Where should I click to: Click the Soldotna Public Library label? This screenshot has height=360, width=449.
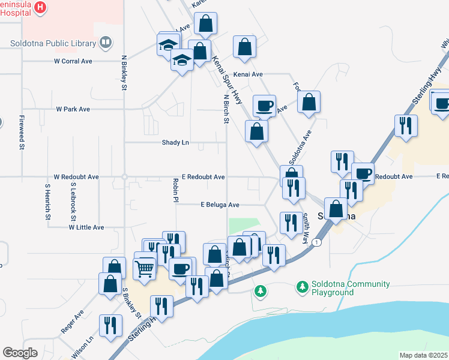(x=53, y=43)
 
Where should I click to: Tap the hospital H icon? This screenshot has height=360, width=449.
(x=40, y=7)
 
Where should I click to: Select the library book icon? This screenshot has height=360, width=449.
(x=106, y=43)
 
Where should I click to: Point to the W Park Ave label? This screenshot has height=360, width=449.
(x=73, y=109)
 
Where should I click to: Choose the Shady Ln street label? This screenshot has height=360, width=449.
(x=175, y=142)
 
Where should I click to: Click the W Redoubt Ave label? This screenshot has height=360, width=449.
(x=76, y=177)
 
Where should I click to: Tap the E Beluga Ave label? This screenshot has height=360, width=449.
(x=220, y=205)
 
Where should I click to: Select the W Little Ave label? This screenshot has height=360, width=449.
(x=86, y=227)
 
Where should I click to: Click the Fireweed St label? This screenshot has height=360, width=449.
(x=21, y=131)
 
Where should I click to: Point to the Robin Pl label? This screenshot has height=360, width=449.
(x=176, y=190)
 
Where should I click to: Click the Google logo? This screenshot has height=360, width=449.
(x=20, y=353)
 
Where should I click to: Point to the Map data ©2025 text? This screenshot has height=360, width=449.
(x=423, y=355)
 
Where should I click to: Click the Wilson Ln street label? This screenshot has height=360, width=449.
(x=83, y=347)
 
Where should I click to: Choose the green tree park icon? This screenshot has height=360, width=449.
(x=260, y=292)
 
